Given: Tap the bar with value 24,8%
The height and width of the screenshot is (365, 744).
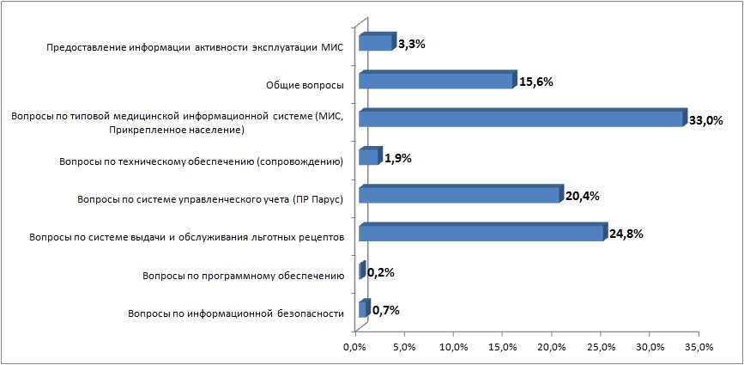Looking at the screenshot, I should tap(481, 233).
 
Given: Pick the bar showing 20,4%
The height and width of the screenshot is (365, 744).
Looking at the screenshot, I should tap(459, 195).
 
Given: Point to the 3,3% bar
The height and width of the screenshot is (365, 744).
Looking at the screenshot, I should tap(375, 43).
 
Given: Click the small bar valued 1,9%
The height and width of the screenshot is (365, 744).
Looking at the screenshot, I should tap(368, 157).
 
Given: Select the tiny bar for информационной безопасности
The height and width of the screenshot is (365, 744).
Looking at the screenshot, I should tap(363, 309).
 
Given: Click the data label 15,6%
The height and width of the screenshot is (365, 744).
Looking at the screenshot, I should tap(535, 82).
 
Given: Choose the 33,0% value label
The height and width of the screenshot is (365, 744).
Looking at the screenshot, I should tap(706, 121).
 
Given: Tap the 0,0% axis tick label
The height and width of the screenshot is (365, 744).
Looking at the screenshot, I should tap(354, 347).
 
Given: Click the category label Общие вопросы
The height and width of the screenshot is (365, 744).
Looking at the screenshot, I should tap(305, 85).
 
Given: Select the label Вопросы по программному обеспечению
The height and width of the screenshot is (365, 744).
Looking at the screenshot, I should tap(243, 276).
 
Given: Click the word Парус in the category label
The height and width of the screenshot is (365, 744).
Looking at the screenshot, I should tap(324, 199).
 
